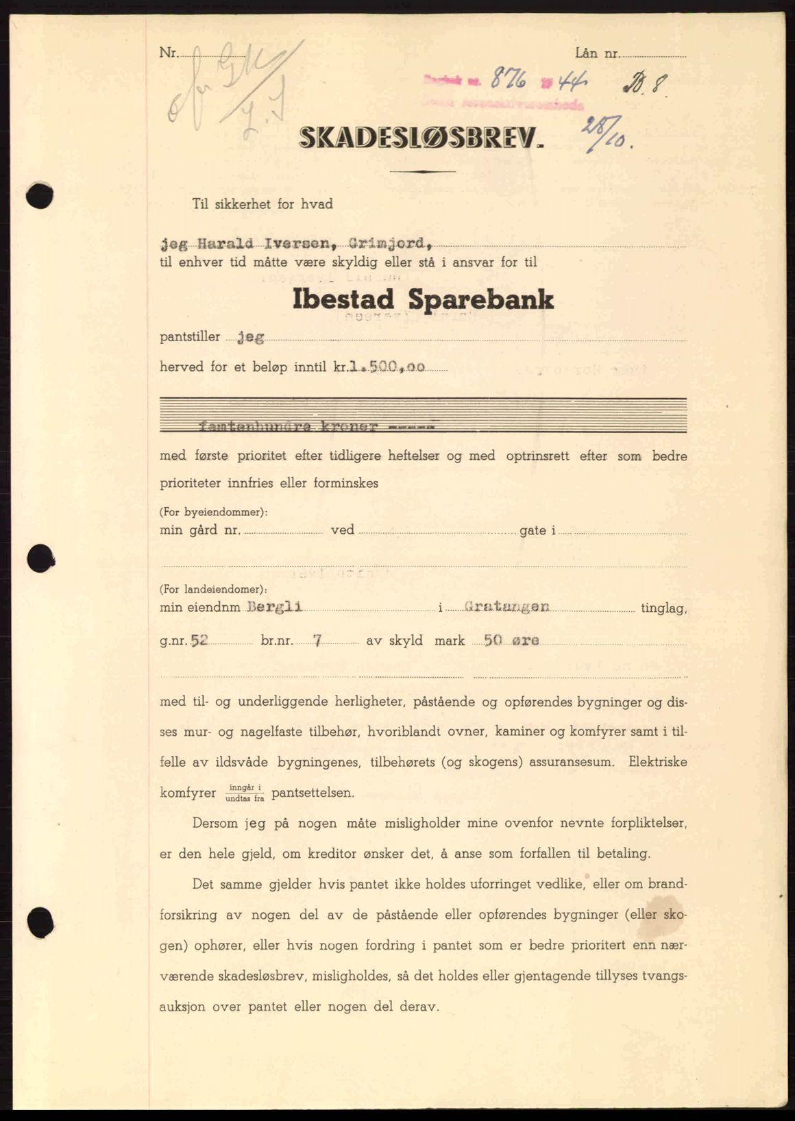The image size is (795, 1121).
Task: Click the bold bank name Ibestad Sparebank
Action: point(423,300)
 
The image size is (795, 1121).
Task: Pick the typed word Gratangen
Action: point(506,606)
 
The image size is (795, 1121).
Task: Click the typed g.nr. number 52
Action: point(199,641)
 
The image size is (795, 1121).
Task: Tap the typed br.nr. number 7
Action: point(317,641)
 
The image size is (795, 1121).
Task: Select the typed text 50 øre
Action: point(511,641)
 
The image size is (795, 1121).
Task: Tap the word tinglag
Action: point(663,608)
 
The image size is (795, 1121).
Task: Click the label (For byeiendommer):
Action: point(213,512)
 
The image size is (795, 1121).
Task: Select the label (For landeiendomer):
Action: point(213,589)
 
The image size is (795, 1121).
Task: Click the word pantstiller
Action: point(190,337)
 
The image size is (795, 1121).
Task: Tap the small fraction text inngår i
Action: point(244,787)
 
